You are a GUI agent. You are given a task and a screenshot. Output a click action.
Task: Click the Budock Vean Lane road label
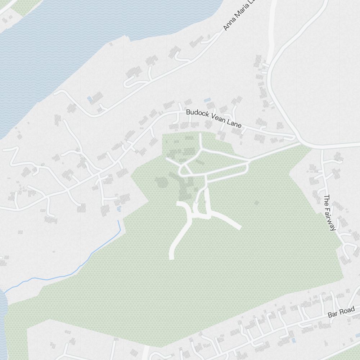213,118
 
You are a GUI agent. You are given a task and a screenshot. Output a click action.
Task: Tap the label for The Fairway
330,213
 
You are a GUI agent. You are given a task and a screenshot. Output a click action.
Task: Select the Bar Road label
341,312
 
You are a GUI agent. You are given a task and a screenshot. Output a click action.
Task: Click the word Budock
197,114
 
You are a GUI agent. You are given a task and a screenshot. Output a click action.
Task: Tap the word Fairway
331,218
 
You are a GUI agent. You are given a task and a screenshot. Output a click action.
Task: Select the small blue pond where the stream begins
119,209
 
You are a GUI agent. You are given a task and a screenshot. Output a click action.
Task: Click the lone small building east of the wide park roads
257,203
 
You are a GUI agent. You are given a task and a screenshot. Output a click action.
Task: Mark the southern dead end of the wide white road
172,257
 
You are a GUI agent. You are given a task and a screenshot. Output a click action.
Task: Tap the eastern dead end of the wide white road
239,227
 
